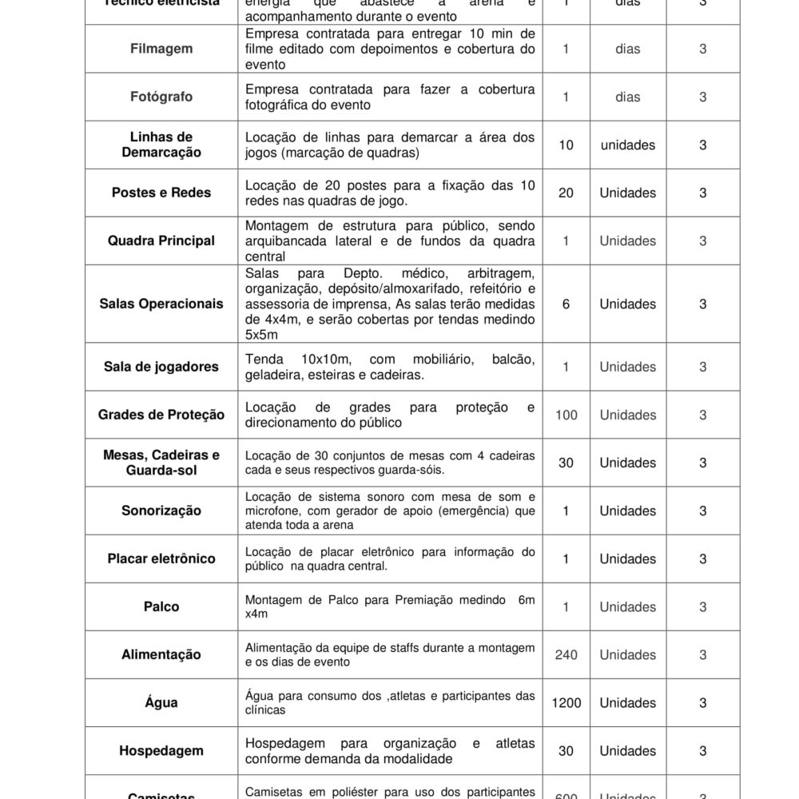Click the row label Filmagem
click(x=161, y=49)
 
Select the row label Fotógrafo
click(x=161, y=97)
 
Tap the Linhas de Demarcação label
click(x=161, y=145)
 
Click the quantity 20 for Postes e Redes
click(x=566, y=193)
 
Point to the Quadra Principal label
click(x=161, y=240)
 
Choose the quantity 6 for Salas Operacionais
click(x=566, y=304)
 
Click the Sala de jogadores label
click(x=161, y=367)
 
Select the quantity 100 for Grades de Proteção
click(x=566, y=415)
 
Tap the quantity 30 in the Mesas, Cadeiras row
click(x=566, y=463)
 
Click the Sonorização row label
click(x=161, y=511)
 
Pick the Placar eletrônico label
click(x=161, y=559)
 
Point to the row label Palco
click(x=161, y=606)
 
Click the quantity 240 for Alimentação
click(x=566, y=654)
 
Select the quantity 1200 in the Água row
click(x=566, y=703)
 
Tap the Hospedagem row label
click(x=161, y=751)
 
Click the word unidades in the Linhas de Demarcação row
click(x=627, y=145)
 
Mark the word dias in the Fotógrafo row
click(x=627, y=97)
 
